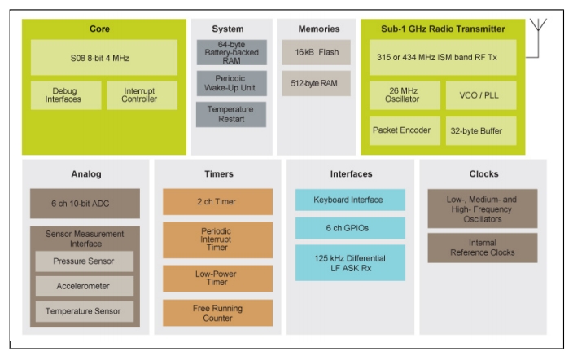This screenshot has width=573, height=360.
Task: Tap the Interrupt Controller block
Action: pyautogui.click(x=142, y=94)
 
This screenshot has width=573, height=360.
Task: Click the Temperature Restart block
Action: pyautogui.click(x=230, y=114)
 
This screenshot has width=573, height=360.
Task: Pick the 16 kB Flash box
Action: pyautogui.click(x=316, y=52)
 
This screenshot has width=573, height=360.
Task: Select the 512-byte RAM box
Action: pyautogui.click(x=316, y=82)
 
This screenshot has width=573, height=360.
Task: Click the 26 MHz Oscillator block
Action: pyautogui.click(x=405, y=94)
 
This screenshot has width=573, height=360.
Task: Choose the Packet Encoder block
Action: pyautogui.click(x=405, y=130)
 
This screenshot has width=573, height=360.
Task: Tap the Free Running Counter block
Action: pyautogui.click(x=217, y=313)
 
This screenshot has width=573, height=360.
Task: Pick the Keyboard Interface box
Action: pyautogui.click(x=350, y=200)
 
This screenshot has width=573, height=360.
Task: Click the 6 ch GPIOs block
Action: pyautogui.click(x=350, y=228)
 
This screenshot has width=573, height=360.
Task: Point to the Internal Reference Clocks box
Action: pyautogui.click(x=483, y=248)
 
